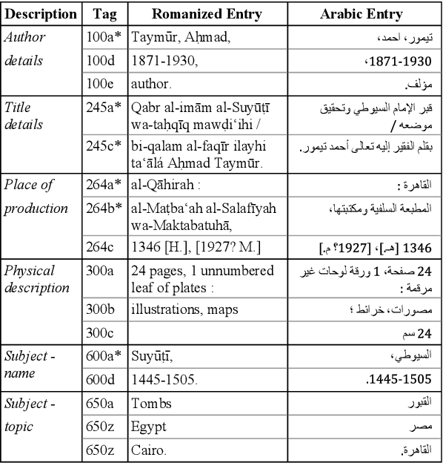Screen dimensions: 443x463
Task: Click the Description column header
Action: coord(41,14)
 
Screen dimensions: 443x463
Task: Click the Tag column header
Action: coord(104,14)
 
